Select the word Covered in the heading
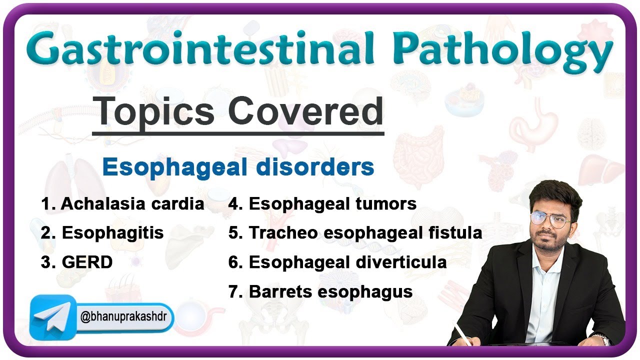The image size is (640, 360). coord(306,111)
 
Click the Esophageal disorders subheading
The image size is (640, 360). coord(238,167)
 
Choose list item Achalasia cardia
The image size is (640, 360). coord(122,204)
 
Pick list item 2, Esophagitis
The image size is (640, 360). coord(102,233)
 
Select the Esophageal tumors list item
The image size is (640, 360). coord(322,204)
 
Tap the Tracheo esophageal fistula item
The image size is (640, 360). coord(355,233)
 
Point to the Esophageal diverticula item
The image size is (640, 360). coord(337,262)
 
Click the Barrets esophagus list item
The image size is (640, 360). coord(320,291)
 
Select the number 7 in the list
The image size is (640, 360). coord(233,291)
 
